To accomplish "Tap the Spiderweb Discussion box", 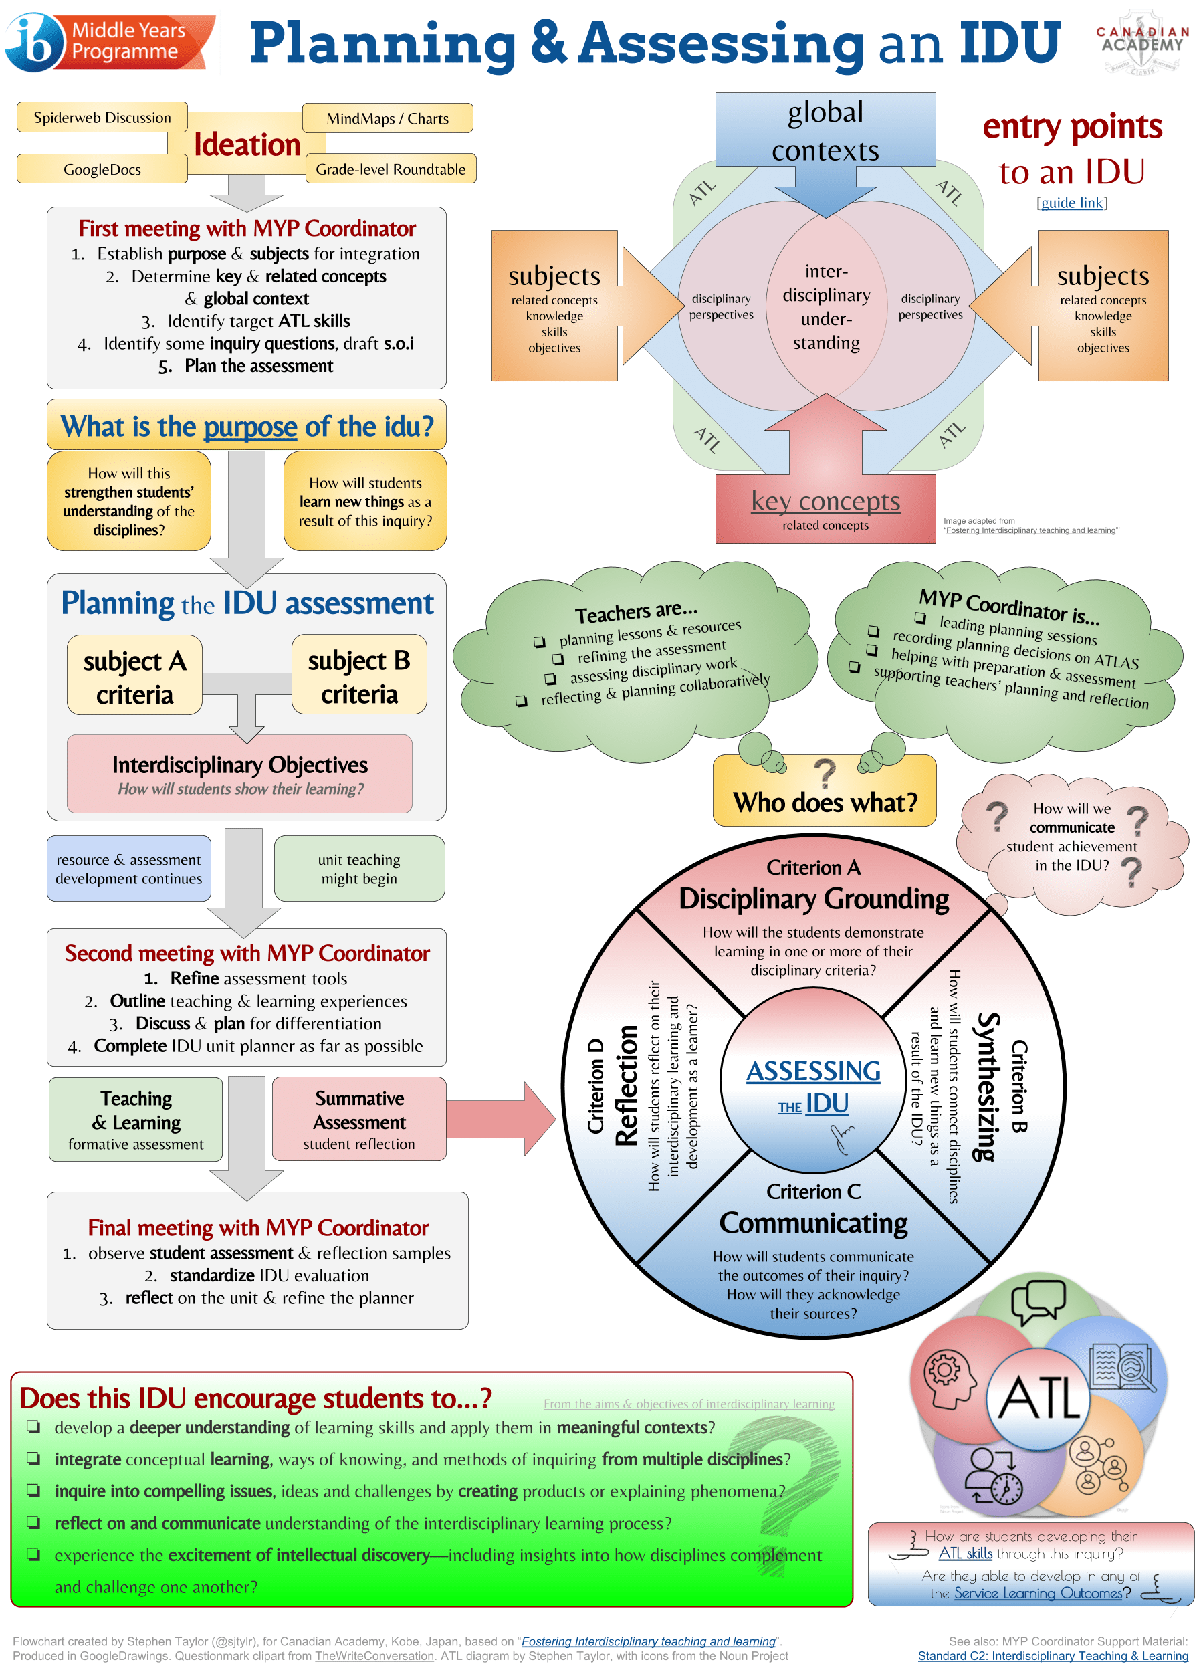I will click(x=102, y=118).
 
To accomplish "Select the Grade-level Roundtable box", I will click(x=391, y=169).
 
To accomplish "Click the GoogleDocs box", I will click(x=102, y=169).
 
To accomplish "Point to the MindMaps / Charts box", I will click(x=388, y=118).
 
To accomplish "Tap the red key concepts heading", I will click(x=826, y=502).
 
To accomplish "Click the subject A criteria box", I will click(x=135, y=676).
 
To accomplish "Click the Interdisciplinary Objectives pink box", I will click(x=239, y=774).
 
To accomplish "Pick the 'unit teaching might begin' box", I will click(x=359, y=869).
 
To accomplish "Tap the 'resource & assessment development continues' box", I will click(x=129, y=869).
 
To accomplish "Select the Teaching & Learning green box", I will click(x=136, y=1119).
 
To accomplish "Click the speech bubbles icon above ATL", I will click(x=1038, y=1302).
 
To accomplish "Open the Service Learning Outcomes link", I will click(x=1038, y=1592).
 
